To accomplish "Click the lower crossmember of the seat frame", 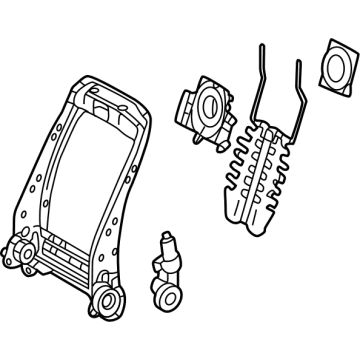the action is pyautogui.click(x=70, y=255).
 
